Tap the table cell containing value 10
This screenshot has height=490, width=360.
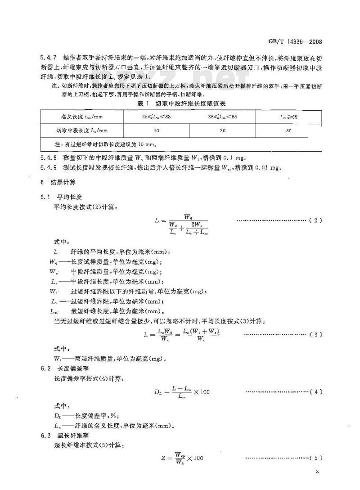point(156,131)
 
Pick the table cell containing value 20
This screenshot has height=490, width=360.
point(222,131)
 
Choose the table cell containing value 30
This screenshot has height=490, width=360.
point(288,131)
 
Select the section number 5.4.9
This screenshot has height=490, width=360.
point(48,167)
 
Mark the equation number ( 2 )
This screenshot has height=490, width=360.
point(316,220)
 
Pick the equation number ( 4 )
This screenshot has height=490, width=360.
point(316,392)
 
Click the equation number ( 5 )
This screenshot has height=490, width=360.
point(316,458)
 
